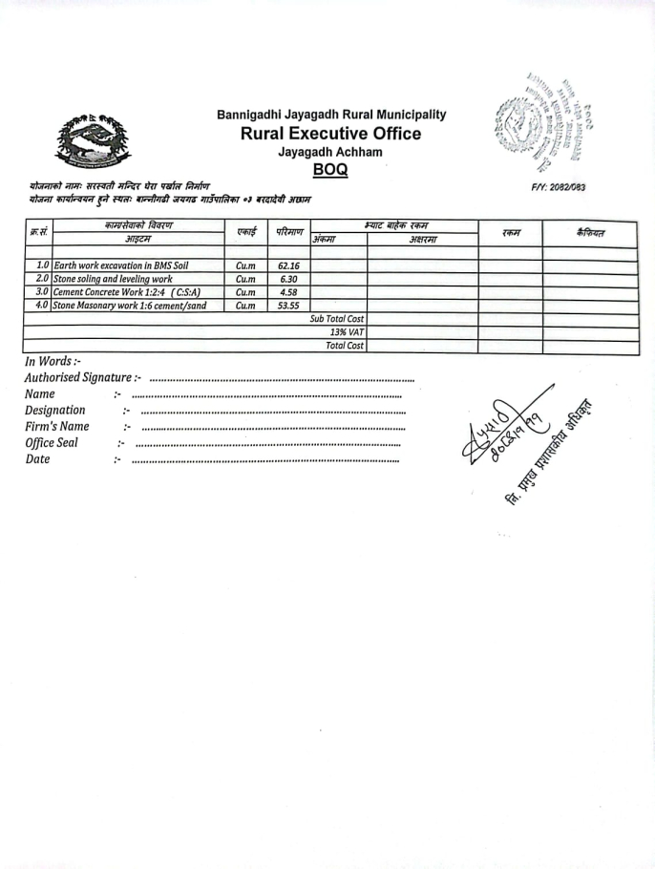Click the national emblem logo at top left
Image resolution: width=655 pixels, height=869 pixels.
coord(90,141)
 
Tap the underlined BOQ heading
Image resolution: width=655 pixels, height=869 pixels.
coord(330,169)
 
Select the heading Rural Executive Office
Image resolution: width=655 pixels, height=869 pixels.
coord(330,134)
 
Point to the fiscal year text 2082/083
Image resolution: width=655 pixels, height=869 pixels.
coord(558,187)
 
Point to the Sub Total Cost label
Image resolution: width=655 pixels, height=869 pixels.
coord(337,319)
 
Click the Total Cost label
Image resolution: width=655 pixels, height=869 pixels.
coord(345,346)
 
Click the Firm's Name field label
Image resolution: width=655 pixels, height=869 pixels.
coord(57,427)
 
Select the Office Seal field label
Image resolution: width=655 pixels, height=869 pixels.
coord(52,443)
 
